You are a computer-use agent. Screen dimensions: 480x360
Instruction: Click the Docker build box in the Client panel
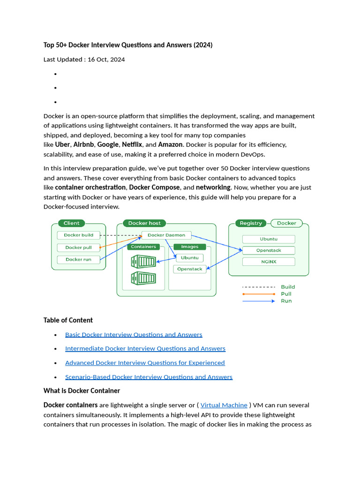79,235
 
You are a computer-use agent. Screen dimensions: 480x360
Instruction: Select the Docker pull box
79,247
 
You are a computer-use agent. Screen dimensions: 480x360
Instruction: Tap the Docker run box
79,259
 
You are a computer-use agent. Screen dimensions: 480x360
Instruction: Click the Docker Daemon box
166,235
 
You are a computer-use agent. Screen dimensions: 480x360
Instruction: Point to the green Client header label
72,223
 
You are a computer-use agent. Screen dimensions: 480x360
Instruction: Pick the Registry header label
251,223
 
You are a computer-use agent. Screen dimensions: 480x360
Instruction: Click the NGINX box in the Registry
269,262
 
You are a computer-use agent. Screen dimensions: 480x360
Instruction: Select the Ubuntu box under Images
190,258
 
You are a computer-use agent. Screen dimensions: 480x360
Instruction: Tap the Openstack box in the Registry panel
269,250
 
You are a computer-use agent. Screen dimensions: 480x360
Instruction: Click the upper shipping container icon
143,261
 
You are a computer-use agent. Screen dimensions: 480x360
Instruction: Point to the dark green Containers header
143,247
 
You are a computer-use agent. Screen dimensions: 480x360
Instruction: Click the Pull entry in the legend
286,294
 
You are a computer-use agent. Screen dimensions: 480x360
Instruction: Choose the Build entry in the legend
288,287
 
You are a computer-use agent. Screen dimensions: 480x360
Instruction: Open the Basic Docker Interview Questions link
134,335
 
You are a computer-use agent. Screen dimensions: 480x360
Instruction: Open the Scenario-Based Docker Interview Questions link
149,377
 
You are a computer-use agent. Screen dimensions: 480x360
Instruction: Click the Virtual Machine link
224,405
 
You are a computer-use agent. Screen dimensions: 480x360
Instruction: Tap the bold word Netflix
132,144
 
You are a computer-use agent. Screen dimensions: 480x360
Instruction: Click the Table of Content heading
68,320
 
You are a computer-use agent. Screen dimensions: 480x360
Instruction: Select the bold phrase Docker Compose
154,187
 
